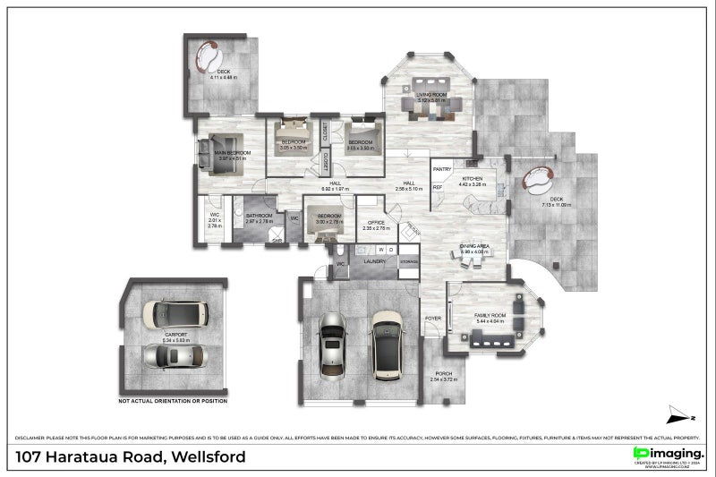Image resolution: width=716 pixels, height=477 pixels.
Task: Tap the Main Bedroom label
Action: click(231, 153)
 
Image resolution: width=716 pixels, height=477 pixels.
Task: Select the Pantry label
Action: click(441, 168)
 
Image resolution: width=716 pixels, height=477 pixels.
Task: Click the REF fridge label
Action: click(438, 187)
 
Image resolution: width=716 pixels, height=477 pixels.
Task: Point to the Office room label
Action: click(373, 223)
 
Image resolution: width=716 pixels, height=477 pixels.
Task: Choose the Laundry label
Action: click(374, 261)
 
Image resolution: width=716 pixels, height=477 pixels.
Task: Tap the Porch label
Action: click(443, 375)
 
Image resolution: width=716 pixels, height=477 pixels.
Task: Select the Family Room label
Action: click(492, 317)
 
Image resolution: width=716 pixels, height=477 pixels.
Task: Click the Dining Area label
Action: click(473, 246)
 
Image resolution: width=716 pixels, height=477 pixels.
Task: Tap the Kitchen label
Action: click(472, 179)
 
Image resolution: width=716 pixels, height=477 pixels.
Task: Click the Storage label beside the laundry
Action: click(408, 260)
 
